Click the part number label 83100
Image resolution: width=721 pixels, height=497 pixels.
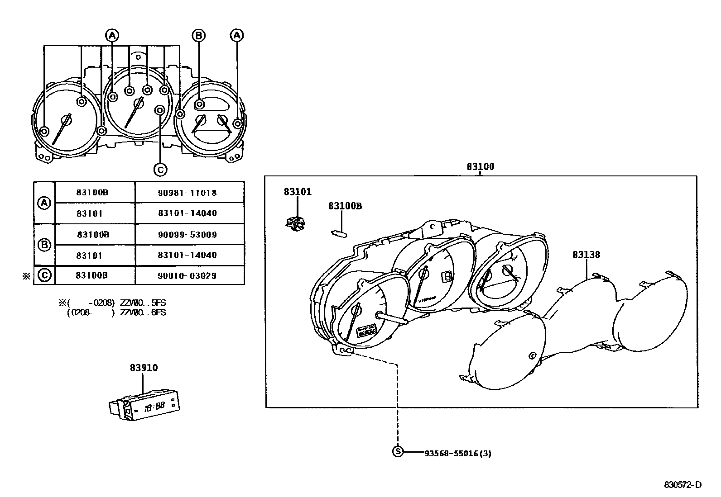[x=481, y=166]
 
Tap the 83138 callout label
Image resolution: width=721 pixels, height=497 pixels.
[x=586, y=255]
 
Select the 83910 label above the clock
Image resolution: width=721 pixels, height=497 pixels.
[x=144, y=368]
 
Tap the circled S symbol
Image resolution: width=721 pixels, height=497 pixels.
[x=397, y=451]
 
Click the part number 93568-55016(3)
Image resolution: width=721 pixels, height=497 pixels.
[x=457, y=453]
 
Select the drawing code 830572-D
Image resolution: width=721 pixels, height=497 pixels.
[x=683, y=485]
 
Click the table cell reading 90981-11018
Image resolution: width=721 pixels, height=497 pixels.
[x=187, y=193]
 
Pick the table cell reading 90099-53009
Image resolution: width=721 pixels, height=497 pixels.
[x=187, y=235]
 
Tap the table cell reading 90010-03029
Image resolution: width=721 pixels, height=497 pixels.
[x=187, y=275]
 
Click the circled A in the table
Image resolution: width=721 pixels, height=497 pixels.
[x=44, y=203]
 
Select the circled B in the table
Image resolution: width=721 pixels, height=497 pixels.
[x=44, y=245]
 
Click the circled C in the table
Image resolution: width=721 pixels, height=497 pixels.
[x=44, y=275]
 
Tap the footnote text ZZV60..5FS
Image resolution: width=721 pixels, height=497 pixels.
[x=143, y=303]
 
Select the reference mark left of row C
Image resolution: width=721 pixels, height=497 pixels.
[x=26, y=276]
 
